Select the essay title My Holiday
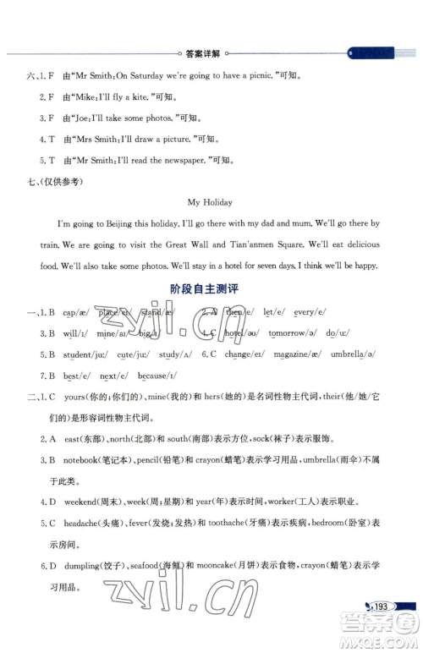click(209, 202)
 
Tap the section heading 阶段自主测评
click(205, 288)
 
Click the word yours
click(77, 397)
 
